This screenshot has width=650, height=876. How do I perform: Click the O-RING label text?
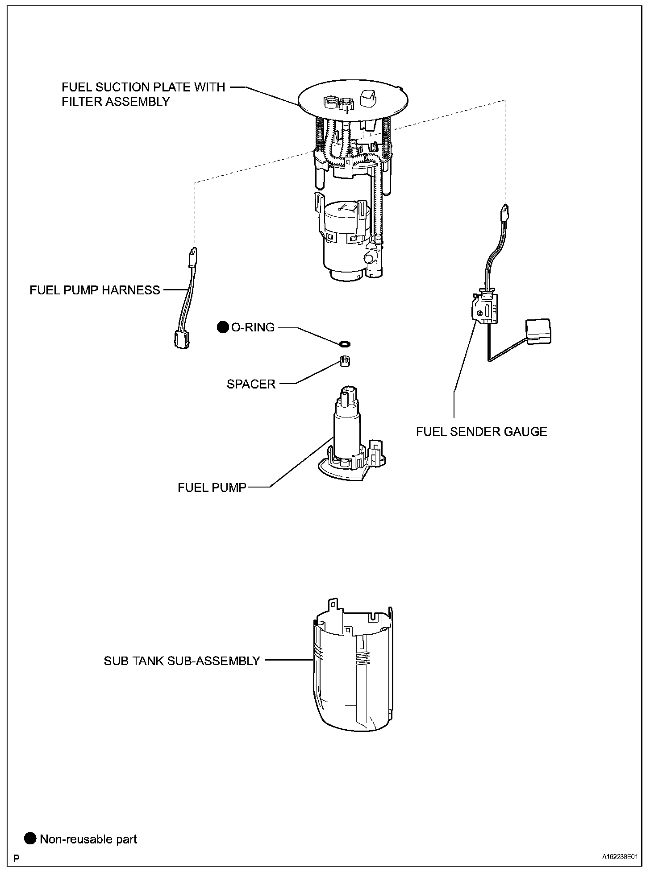(x=253, y=327)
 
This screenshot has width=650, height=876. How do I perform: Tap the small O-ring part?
(x=344, y=343)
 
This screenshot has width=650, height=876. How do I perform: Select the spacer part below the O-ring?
(x=344, y=360)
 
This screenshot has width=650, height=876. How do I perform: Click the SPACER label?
(x=251, y=384)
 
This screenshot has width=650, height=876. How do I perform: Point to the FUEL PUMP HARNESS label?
(x=95, y=290)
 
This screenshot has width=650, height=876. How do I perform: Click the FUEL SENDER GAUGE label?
(x=481, y=431)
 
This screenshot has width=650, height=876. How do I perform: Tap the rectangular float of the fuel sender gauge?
(x=538, y=331)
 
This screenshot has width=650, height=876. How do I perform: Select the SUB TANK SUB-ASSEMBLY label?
(x=182, y=661)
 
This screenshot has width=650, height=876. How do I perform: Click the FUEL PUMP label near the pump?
(x=212, y=488)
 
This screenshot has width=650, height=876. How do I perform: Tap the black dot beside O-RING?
(x=222, y=327)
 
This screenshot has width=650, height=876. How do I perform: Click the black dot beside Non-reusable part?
(x=30, y=839)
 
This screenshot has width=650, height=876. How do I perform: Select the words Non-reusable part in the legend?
(x=88, y=839)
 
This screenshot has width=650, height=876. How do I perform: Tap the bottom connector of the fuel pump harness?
(x=181, y=340)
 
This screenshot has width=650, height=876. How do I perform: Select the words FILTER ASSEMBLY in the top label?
(x=116, y=102)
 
